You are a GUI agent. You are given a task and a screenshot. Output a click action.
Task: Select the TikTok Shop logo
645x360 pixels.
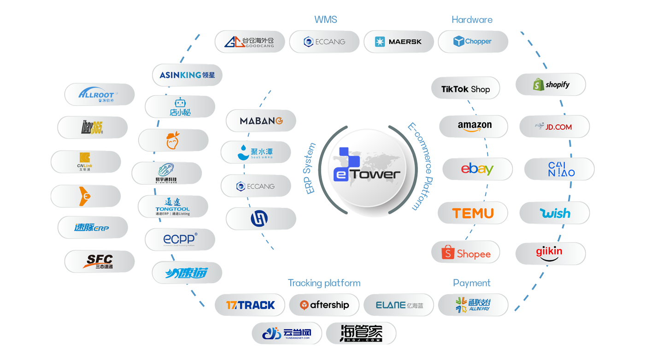465,89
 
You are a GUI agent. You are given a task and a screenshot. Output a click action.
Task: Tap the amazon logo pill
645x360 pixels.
474,126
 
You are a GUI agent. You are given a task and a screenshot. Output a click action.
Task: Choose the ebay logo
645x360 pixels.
477,169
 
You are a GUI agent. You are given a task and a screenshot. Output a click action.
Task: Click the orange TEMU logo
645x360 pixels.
473,213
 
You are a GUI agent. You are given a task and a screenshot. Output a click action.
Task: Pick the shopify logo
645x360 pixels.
551,85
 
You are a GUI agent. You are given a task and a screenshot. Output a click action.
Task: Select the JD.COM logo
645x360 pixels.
554,127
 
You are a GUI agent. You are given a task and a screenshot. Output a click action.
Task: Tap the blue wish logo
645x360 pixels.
555,213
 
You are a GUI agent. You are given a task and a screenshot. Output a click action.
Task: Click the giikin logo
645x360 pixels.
549,253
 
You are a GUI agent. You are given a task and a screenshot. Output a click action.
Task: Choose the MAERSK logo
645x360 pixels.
399,42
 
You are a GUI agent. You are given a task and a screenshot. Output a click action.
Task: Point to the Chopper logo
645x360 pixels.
473,41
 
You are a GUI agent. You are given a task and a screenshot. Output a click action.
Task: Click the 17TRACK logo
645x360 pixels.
250,305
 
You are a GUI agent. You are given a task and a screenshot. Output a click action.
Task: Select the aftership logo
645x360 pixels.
324,305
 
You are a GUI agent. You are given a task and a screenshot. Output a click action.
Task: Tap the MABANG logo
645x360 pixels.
261,121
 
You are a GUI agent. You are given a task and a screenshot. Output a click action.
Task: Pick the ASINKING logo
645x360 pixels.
187,75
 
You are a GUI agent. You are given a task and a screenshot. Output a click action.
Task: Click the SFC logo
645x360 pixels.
100,261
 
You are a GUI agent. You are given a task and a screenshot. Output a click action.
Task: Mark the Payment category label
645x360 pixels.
472,283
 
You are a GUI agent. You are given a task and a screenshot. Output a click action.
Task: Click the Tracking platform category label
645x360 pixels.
324,283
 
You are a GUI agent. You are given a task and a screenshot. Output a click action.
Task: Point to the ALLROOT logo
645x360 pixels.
99,95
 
